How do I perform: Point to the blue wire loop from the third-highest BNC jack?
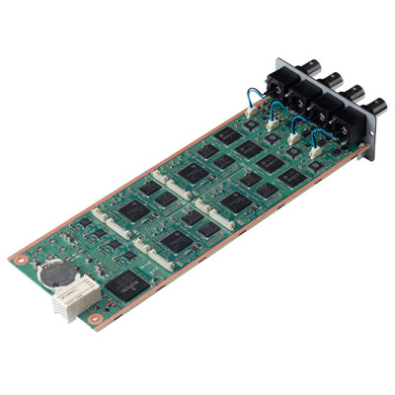tap(300, 124)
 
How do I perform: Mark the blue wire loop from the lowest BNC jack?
tap(324, 135)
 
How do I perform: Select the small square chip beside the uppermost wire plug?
tap(237, 133)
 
